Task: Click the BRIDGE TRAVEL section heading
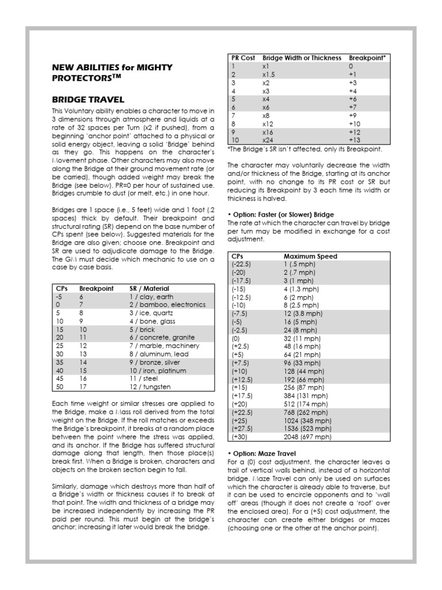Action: pyautogui.click(x=87, y=99)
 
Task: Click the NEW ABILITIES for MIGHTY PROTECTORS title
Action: pyautogui.click(x=112, y=72)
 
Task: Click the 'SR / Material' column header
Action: pyautogui.click(x=149, y=288)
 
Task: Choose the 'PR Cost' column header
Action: pyautogui.click(x=243, y=58)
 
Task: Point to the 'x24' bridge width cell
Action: pyautogui.click(x=268, y=140)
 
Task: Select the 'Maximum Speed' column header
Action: pyautogui.click(x=310, y=256)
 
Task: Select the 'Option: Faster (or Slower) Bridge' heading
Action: pyautogui.click(x=280, y=215)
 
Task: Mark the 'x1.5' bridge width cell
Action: pyautogui.click(x=269, y=74)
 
